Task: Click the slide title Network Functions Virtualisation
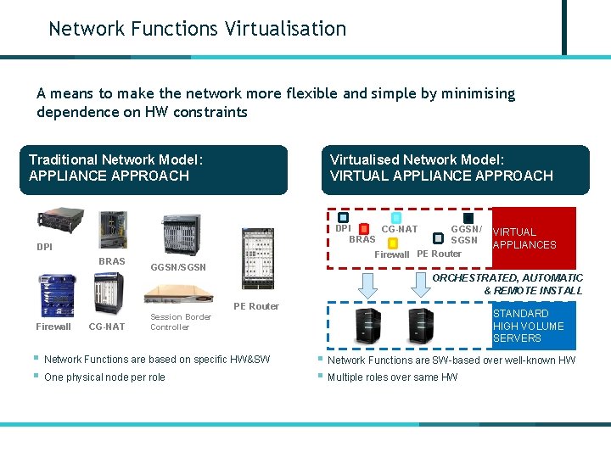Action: coord(197,29)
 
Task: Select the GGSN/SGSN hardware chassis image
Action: coord(180,234)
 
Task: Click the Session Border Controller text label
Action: coord(180,321)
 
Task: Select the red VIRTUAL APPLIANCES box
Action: coord(533,237)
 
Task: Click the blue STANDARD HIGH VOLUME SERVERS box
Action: coord(533,326)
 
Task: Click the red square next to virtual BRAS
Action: coord(363,229)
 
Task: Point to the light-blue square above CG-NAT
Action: coord(396,218)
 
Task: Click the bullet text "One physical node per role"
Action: coord(104,377)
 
